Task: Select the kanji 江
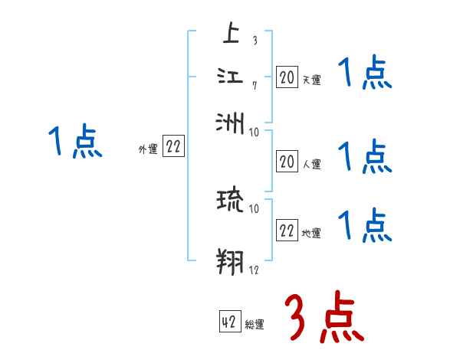pos(230,77)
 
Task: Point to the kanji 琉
pos(230,201)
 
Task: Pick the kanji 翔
pos(230,260)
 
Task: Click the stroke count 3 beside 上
pos(254,41)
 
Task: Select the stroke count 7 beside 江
pos(254,85)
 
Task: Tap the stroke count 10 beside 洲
pos(255,132)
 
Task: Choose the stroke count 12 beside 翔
pos(255,269)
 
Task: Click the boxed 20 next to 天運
pos(286,77)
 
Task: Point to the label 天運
pos(311,79)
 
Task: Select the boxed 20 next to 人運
pos(286,162)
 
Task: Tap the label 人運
pos(311,163)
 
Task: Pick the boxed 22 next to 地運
pos(286,231)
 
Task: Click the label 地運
pos(311,233)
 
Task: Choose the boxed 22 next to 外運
pos(173,148)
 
